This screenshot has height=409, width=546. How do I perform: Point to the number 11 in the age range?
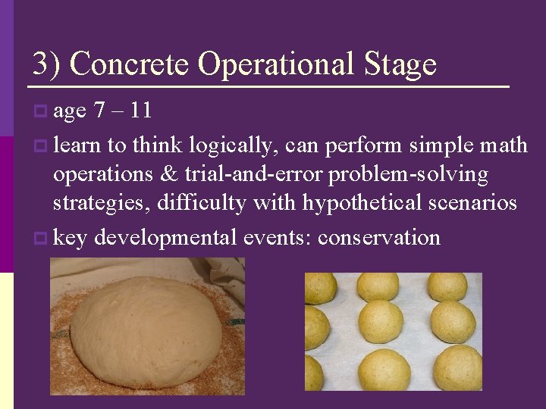pyautogui.click(x=140, y=111)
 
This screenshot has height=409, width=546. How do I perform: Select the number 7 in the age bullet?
pyautogui.click(x=99, y=111)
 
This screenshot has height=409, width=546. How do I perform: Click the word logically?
pyautogui.click(x=234, y=145)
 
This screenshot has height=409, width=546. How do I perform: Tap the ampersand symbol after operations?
pyautogui.click(x=167, y=174)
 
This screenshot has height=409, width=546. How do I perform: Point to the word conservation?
pyautogui.click(x=378, y=237)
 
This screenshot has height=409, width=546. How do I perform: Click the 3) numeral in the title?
pyautogui.click(x=45, y=64)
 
